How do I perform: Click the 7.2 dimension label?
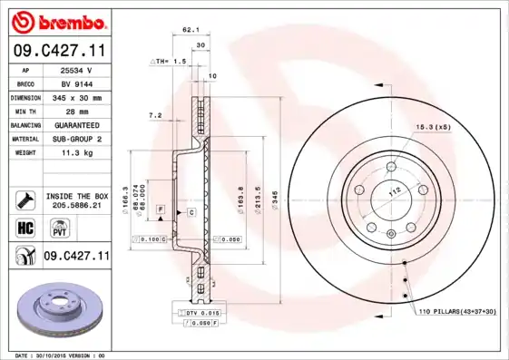point(154,116)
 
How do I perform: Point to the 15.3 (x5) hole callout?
point(433,126)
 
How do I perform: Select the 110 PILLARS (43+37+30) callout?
point(457,312)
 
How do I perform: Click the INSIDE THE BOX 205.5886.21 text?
point(76,200)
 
